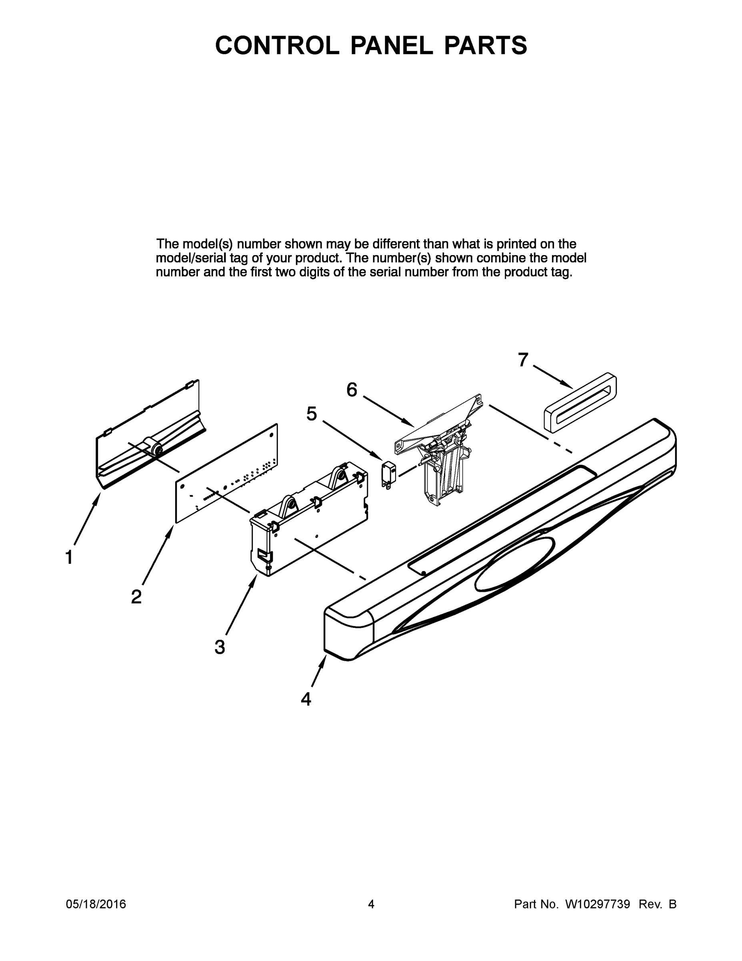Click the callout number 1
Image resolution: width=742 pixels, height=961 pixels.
(69, 557)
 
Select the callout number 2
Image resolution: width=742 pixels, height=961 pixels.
(136, 597)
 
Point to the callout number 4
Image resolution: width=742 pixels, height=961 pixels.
(306, 699)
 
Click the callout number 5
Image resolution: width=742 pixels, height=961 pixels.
(311, 414)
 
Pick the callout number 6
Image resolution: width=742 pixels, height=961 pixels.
(352, 390)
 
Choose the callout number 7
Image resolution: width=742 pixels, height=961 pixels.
(523, 360)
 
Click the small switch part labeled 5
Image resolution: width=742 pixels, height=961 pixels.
(388, 474)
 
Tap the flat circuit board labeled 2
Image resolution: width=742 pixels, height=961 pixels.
(226, 474)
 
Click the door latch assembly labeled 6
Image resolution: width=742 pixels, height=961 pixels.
(440, 458)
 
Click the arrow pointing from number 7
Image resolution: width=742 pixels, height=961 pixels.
(553, 377)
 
